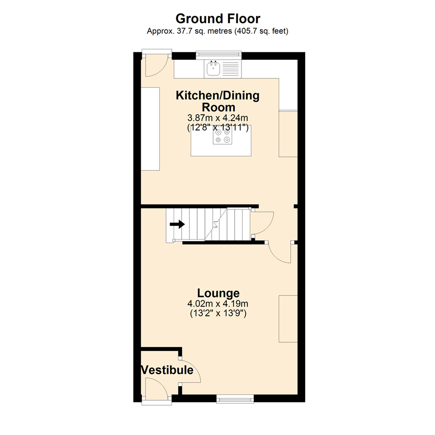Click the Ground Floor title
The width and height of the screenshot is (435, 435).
pyautogui.click(x=217, y=19)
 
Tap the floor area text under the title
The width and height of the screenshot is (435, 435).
pyautogui.click(x=217, y=31)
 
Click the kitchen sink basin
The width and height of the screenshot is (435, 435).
pyautogui.click(x=213, y=70)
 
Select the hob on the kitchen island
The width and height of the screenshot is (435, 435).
pyautogui.click(x=223, y=135)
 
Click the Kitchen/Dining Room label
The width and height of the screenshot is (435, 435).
pyautogui.click(x=217, y=101)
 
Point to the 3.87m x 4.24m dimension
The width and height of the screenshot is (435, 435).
pyautogui.click(x=217, y=118)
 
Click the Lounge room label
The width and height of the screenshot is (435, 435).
pyautogui.click(x=218, y=293)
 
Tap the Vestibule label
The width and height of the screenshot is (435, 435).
pyautogui.click(x=167, y=370)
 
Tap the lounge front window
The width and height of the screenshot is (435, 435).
pyautogui.click(x=235, y=399)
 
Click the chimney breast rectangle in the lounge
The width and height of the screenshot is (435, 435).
pyautogui.click(x=288, y=319)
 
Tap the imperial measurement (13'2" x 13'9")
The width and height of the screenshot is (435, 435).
pyautogui.click(x=218, y=313)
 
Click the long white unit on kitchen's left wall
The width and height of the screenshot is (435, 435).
pyautogui.click(x=150, y=128)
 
